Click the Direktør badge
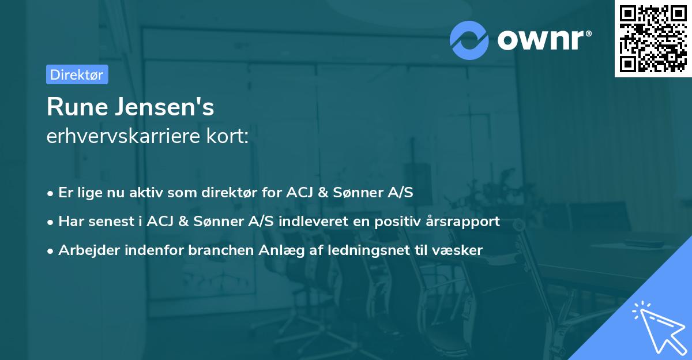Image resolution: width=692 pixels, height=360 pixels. click(77, 74)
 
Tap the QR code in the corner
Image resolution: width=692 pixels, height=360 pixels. click(653, 39)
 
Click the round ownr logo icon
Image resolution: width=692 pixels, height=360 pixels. click(469, 40)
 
